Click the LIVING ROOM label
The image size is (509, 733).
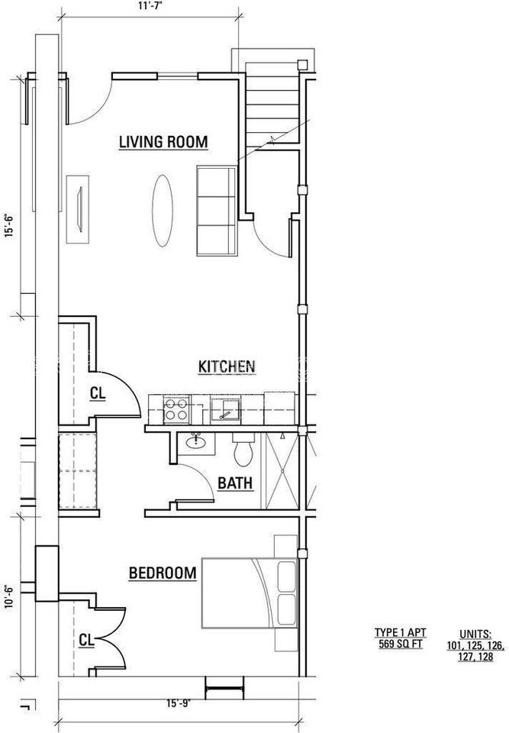click(x=163, y=142)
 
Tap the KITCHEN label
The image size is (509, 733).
click(x=226, y=367)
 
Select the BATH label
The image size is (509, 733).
click(x=236, y=483)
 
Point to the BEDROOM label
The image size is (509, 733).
click(x=163, y=573)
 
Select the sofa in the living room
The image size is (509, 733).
click(x=217, y=211)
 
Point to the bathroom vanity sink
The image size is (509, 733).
click(x=195, y=441)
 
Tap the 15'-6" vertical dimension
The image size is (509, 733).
click(x=9, y=225)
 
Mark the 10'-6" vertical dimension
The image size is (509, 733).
click(x=9, y=595)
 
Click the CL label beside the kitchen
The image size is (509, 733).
click(x=97, y=394)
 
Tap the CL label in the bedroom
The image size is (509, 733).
click(x=86, y=640)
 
